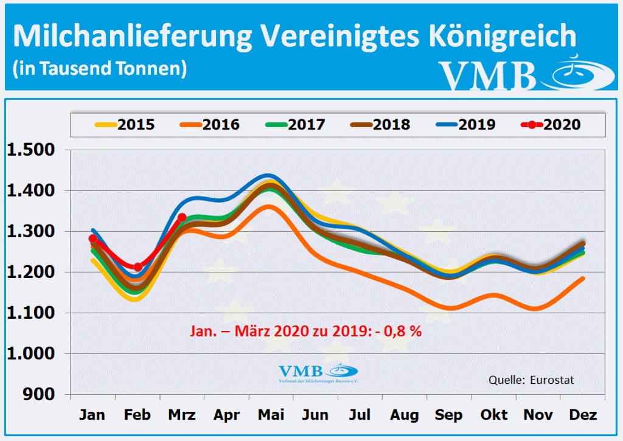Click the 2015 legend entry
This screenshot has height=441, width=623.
pos(125,125)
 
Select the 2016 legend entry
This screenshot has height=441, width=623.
pos(210,125)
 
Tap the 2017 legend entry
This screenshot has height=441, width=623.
pos(295,125)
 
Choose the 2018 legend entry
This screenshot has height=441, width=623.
pos(380,125)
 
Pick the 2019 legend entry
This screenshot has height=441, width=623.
pos(465,125)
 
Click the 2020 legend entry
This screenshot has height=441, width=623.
pos(551,125)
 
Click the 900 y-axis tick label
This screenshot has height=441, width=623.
pos(43,395)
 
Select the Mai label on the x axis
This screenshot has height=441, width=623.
pos(271,415)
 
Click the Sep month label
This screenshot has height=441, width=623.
pos(450,415)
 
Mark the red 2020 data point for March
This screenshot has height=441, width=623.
pos(182,217)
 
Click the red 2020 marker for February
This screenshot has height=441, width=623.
pos(138,266)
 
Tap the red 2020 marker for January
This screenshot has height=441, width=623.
pos(93,239)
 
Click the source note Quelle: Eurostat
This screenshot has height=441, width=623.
pos(531,380)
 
